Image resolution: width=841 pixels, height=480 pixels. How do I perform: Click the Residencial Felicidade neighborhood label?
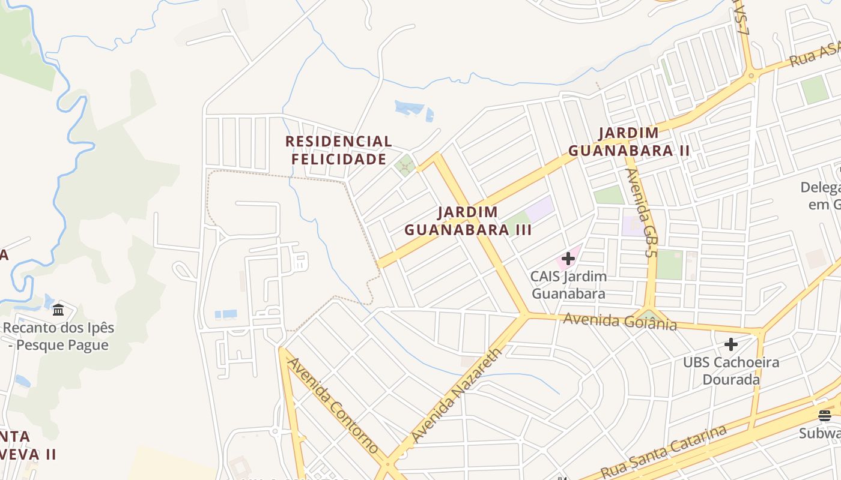point(338,150)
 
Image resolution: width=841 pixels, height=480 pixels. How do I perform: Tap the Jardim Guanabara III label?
point(468,221)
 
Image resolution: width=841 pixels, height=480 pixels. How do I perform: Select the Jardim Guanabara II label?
point(629,142)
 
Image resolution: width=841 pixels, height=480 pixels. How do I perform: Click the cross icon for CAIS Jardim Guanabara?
point(568,259)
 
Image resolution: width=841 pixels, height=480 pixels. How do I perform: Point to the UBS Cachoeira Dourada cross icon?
point(730,344)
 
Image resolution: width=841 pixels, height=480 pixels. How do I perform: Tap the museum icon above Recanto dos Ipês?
point(58,310)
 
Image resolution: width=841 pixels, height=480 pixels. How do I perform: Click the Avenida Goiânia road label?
point(620,322)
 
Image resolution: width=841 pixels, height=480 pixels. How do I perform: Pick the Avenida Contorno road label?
point(333,404)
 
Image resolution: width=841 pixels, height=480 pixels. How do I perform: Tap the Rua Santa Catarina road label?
point(663,451)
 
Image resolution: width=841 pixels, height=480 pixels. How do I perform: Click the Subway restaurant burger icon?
point(824,415)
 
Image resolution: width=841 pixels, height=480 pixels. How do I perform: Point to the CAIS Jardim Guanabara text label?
point(568,285)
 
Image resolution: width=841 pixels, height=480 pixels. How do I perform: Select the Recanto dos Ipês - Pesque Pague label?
point(58,337)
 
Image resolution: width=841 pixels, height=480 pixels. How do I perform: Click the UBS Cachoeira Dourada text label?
point(730,371)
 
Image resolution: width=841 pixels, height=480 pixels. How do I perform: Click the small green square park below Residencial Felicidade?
point(405,164)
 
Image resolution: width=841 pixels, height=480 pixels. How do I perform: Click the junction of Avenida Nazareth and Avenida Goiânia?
point(524,314)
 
